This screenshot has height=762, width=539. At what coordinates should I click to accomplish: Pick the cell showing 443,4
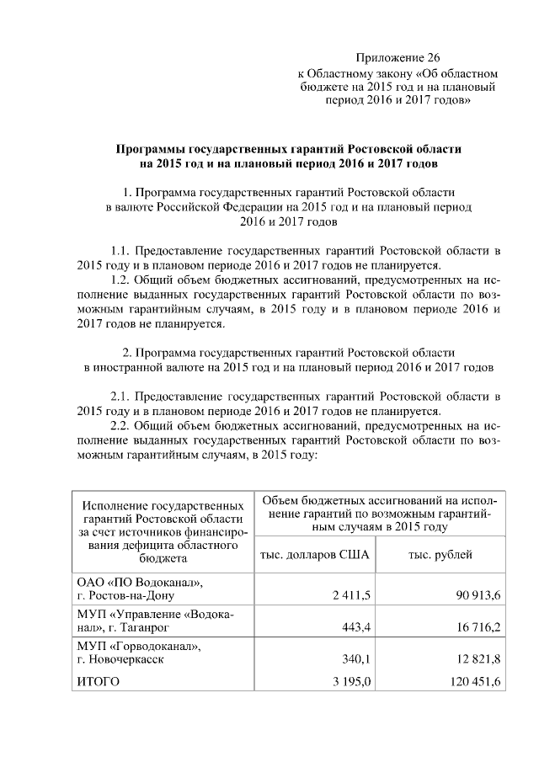(x=357, y=627)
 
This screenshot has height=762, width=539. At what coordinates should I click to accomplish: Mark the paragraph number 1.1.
(x=122, y=251)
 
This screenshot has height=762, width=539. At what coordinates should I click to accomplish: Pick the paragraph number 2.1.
(x=122, y=397)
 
